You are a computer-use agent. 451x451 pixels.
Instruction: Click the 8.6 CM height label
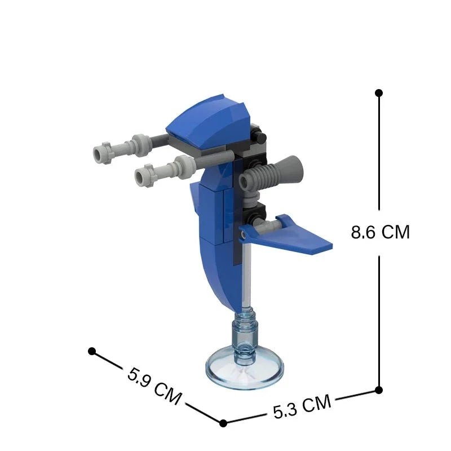(x=380, y=232)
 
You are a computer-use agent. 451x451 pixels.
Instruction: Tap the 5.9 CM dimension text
(x=154, y=386)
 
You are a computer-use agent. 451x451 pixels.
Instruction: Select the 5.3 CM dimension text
(x=302, y=406)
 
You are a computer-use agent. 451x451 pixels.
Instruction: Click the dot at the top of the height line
(x=379, y=93)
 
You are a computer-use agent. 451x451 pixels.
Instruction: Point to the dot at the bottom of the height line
(x=379, y=390)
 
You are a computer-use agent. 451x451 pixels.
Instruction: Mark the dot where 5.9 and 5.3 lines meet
(x=223, y=423)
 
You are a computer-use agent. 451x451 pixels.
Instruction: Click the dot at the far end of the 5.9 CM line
(x=92, y=351)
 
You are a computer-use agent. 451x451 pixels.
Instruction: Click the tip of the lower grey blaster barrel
(x=141, y=176)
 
